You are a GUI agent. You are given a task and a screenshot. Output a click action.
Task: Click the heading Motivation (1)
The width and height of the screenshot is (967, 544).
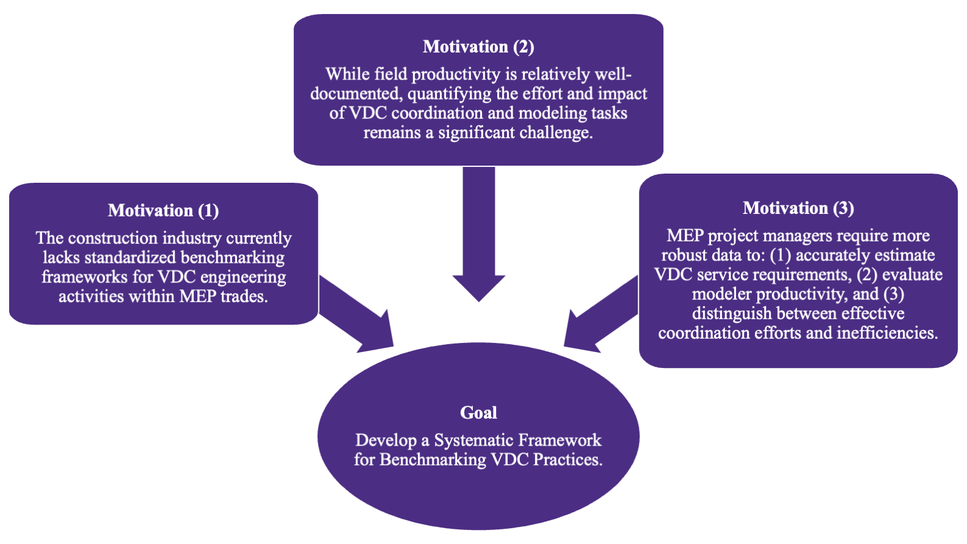coord(163,210)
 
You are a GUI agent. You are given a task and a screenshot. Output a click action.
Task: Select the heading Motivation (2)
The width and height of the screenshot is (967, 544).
coord(478,46)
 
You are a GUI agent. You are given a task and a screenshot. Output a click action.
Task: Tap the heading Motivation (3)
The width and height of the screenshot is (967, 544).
coord(798,208)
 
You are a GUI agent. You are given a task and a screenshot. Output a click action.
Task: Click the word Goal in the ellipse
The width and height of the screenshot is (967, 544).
coord(478,413)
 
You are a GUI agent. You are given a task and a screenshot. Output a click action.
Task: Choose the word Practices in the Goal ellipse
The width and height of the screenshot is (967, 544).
coord(567,460)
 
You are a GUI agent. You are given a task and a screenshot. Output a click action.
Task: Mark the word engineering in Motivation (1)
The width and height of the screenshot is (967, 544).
coord(243,277)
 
